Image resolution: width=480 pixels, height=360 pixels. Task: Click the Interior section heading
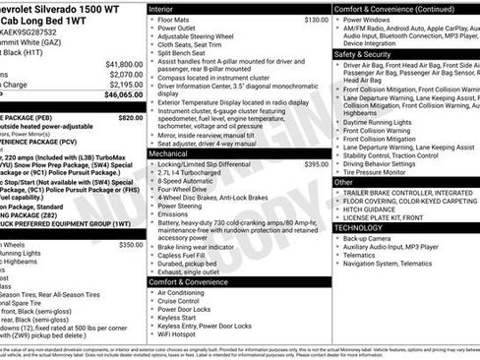coord(161,8)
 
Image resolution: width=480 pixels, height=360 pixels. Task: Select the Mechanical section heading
coord(170,153)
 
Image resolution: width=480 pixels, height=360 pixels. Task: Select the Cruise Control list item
coord(181,302)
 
